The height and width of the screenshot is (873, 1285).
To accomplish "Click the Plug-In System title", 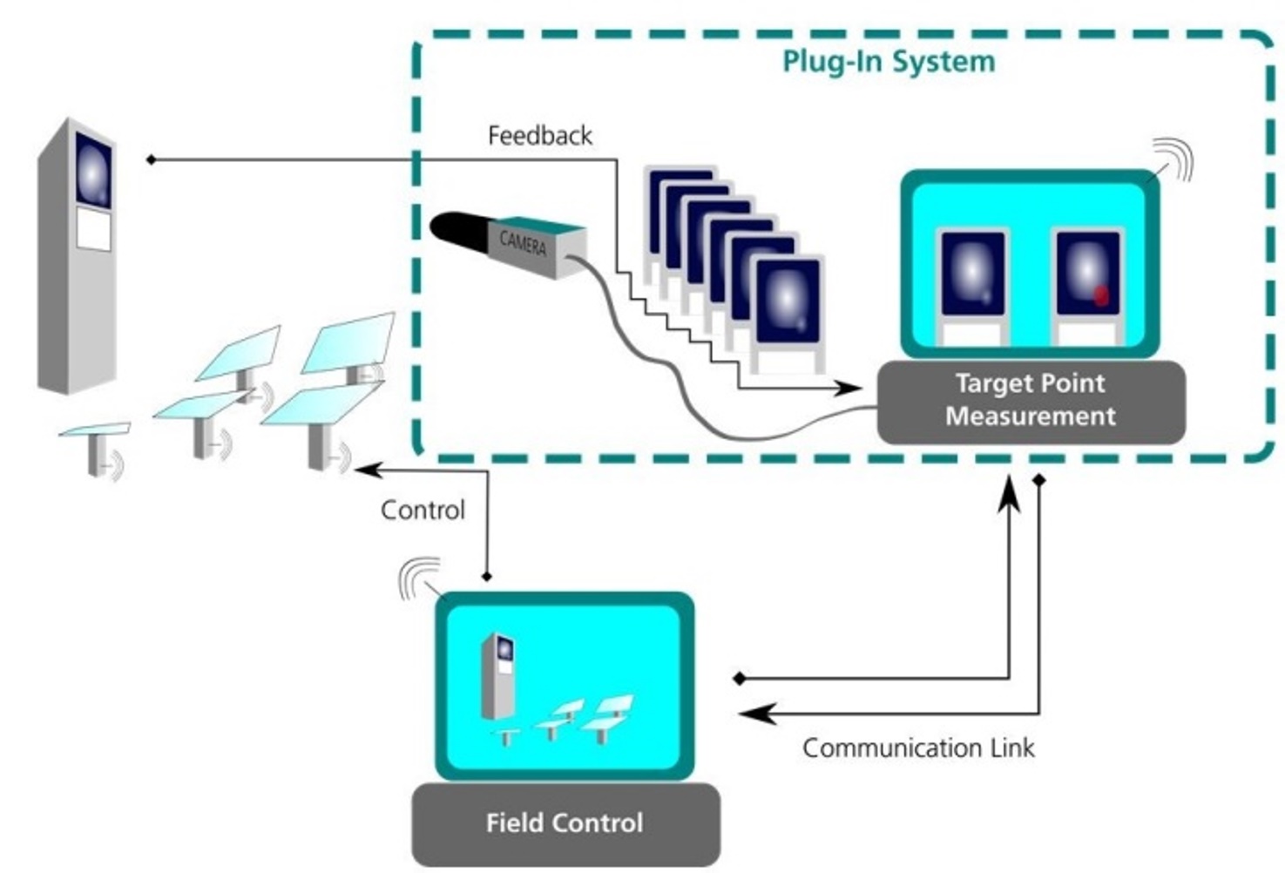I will point(888,63).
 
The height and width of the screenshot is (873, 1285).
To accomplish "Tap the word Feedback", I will point(539,136).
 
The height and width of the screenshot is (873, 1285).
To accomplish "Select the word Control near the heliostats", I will point(423,510).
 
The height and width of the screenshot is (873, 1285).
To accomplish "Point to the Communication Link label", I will point(918,748).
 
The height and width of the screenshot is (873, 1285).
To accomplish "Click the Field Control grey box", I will point(565,823).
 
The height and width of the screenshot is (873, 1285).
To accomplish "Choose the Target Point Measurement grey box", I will point(1031,401).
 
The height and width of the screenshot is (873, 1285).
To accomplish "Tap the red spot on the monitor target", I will point(1101,295).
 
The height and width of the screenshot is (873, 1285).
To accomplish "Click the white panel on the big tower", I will point(93,228).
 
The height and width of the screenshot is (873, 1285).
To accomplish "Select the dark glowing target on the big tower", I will point(93,170).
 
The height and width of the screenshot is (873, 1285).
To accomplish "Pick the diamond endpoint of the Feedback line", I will point(151,159).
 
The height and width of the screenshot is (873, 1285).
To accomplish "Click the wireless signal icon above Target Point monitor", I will point(1173,159).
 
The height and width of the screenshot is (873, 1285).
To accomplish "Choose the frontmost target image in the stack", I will point(787,301).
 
